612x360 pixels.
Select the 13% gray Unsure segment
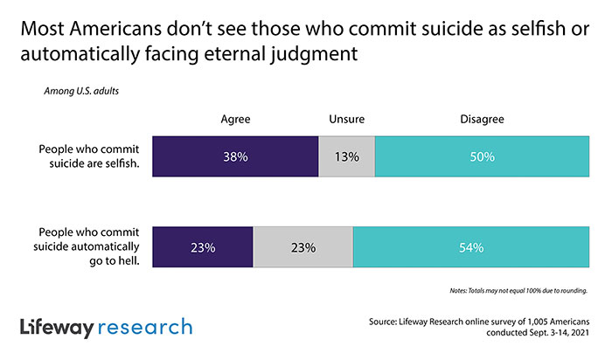(347, 157)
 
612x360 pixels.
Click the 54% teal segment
(471, 247)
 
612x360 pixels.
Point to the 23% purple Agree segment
(203, 247)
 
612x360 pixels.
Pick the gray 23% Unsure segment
(303, 247)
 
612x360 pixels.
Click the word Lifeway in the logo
(58, 329)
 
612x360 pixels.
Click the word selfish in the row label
(122, 163)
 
